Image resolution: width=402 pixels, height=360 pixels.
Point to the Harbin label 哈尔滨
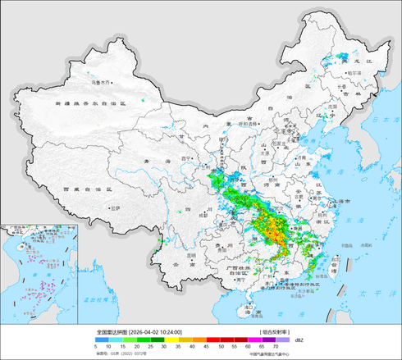click(x=354, y=72)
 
